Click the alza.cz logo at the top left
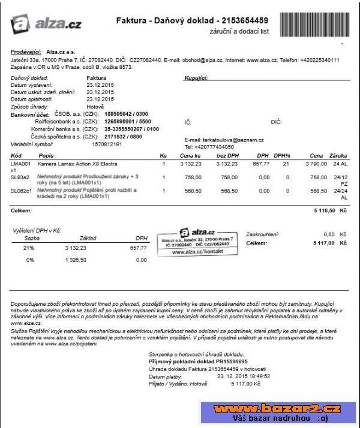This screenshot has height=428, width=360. click(46, 23)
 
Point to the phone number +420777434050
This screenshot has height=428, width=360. click(209, 147)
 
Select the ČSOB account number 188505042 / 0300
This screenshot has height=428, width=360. click(126, 113)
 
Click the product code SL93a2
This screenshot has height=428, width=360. click(20, 177)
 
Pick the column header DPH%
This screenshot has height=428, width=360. click(282, 155)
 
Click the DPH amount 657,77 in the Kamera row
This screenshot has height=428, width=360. click(261, 163)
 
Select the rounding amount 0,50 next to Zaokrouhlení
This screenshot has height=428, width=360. click(329, 234)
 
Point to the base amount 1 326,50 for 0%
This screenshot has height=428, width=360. click(76, 260)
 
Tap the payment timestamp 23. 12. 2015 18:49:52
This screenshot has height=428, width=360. click(244, 376)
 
